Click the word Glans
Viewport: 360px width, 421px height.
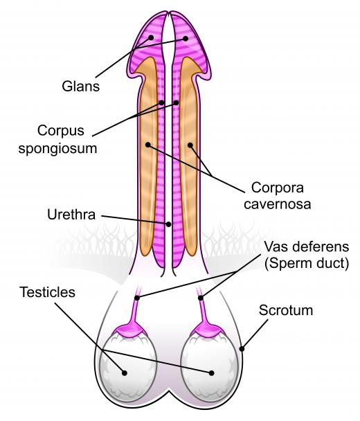coord(80,87)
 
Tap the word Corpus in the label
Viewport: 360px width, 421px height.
coord(61,132)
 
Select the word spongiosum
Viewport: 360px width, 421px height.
coord(57,149)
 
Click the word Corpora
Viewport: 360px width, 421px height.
coord(278,188)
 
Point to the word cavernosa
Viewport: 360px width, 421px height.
coord(278,204)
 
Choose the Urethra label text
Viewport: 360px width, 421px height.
coord(71,215)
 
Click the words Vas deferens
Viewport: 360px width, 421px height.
coord(306,247)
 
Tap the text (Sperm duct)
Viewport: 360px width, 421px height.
coord(306,263)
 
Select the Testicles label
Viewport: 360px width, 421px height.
coord(47,292)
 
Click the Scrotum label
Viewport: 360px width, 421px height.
coord(286,310)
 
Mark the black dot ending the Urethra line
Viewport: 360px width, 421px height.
coord(168,224)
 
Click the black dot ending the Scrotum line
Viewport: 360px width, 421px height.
coord(242,349)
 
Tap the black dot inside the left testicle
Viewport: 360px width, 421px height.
coord(125,373)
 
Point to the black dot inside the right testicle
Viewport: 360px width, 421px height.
coord(212,373)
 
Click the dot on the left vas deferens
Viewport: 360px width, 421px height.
coord(137,298)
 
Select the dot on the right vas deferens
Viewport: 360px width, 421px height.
coord(201,298)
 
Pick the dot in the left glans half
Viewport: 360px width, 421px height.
coord(151,37)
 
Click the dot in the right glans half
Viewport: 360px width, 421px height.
coord(186,39)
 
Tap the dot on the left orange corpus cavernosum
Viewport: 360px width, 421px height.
coord(147,145)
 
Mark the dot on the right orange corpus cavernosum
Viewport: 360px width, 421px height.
coord(190,145)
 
